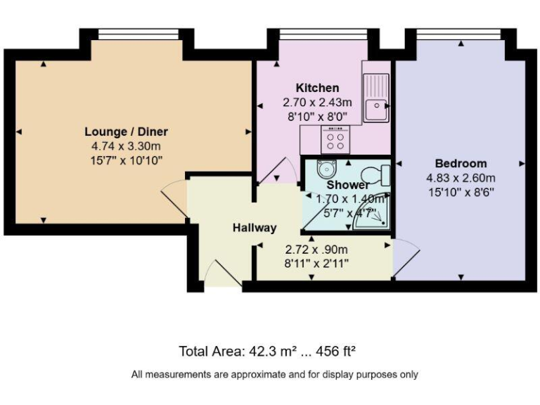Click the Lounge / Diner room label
(x=127, y=131)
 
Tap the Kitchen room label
(x=317, y=88)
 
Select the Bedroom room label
(x=461, y=163)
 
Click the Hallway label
(x=255, y=228)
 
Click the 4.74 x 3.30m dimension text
(x=127, y=146)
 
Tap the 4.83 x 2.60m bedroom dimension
(x=461, y=177)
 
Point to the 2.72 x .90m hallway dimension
(x=316, y=250)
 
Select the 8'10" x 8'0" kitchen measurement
(x=316, y=116)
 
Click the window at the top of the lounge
(x=137, y=34)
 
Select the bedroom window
(x=459, y=34)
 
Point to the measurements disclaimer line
(x=274, y=375)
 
